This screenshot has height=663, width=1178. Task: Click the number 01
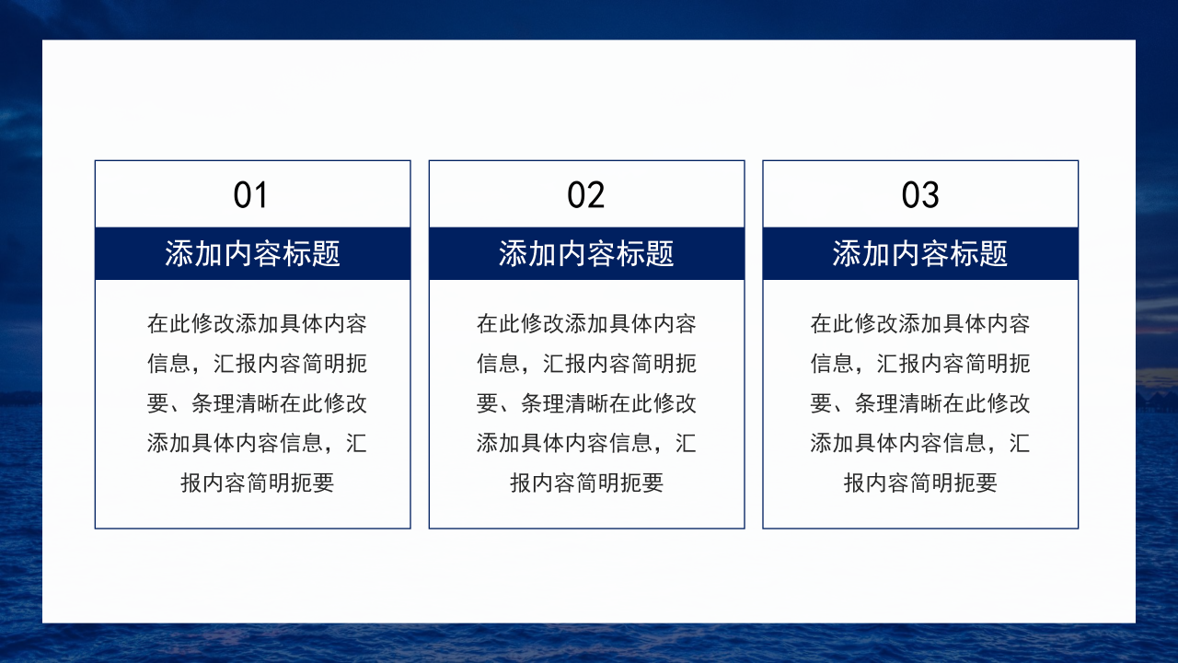[250, 195]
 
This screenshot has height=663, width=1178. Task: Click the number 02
[585, 195]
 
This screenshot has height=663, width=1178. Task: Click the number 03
[919, 195]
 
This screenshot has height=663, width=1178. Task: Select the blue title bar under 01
[252, 253]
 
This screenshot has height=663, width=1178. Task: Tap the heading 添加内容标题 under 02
[586, 253]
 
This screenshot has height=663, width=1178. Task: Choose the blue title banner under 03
[920, 253]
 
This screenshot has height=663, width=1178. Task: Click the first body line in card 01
[257, 324]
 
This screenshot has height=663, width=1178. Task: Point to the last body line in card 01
[257, 483]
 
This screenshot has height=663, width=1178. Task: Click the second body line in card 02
[586, 364]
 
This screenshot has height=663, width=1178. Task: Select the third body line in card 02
[586, 403]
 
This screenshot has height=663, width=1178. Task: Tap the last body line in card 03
[920, 483]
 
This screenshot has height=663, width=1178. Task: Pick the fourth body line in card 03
[920, 443]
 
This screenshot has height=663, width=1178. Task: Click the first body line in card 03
[920, 324]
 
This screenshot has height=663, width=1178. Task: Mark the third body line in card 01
[257, 403]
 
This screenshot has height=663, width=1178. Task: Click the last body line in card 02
[586, 483]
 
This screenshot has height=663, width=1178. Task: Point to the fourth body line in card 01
[257, 443]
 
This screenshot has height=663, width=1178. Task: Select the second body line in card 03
[920, 364]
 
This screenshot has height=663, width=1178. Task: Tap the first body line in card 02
[586, 324]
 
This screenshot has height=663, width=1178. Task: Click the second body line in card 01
[257, 364]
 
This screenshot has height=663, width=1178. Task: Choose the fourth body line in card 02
[586, 443]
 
